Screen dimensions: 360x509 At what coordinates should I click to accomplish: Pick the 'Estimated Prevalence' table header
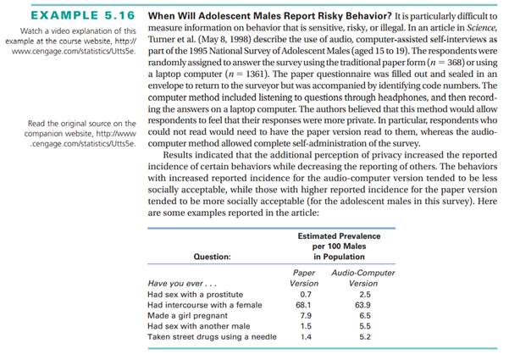339,235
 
